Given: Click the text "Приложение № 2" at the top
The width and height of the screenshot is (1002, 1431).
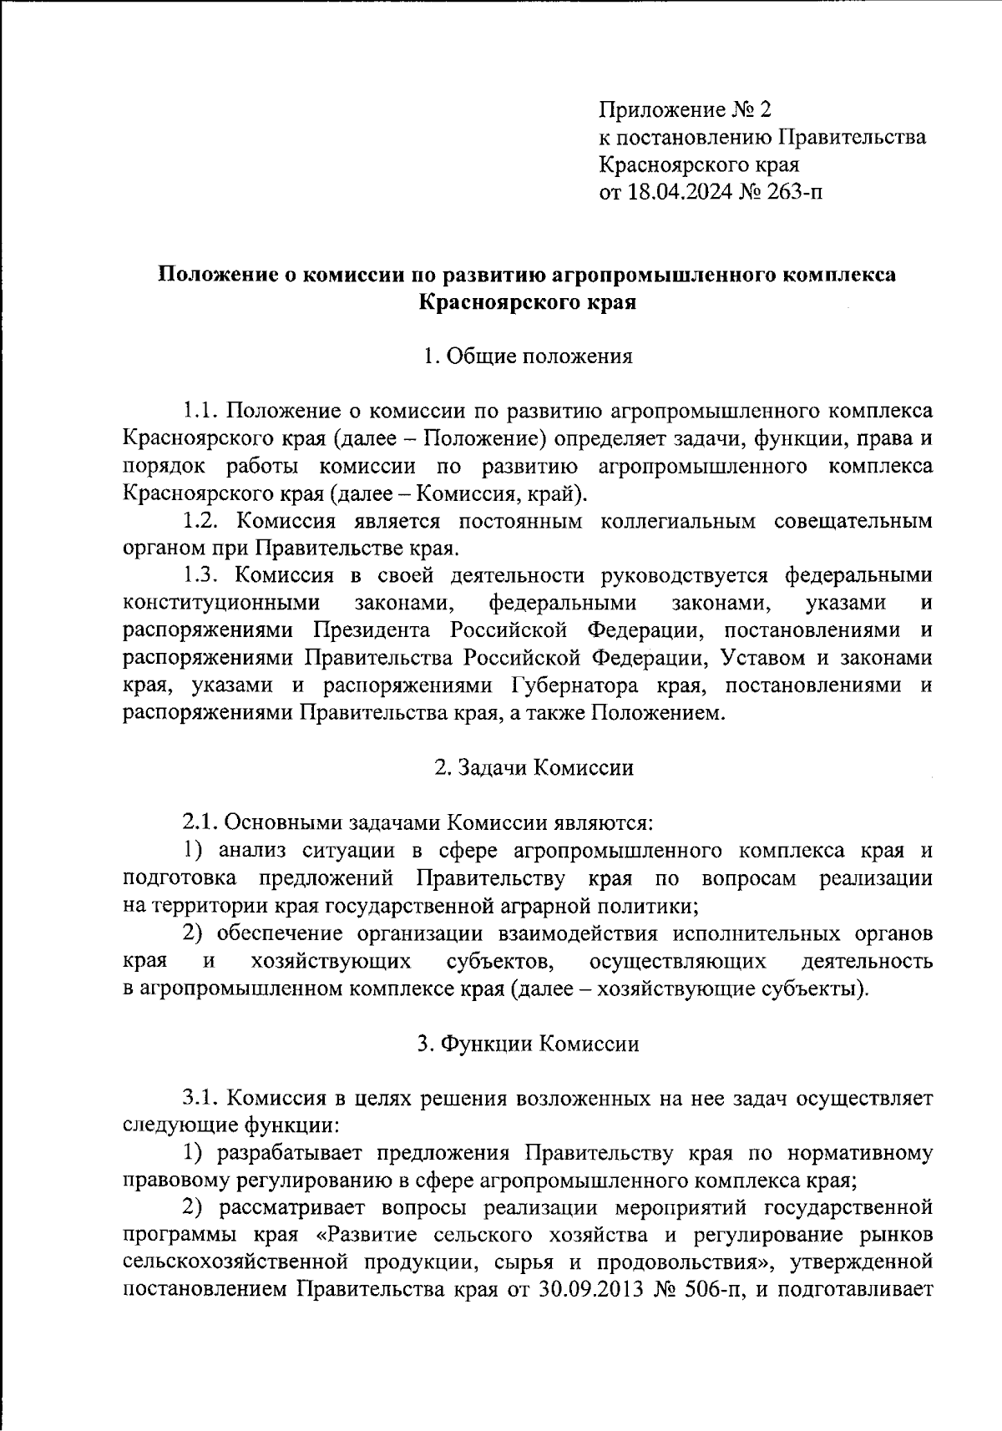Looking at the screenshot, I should pos(687,109).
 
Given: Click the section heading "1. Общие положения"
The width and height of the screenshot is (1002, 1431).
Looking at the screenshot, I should pos(528,356).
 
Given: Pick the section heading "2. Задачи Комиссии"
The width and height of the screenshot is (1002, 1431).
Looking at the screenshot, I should pos(534,767).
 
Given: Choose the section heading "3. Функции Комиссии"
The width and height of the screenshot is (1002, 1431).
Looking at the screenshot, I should pos(529,1043).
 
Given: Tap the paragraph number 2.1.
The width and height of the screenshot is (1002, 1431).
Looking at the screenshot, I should pos(200,822).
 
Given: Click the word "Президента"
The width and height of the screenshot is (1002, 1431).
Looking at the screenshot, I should pos(368,630).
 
